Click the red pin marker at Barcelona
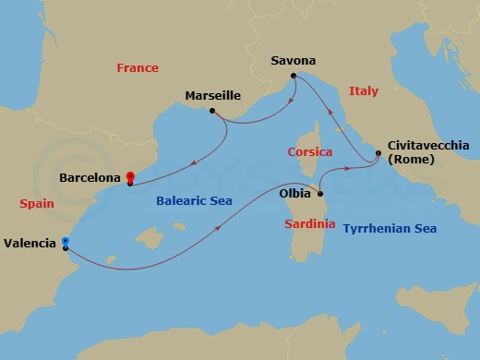coord(130,176)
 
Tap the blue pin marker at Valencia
coord(65,244)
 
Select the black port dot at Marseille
coord(212,112)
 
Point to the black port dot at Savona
coord(293,76)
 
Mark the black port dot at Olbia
coord(319,194)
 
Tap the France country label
coord(138,68)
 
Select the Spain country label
coord(37,202)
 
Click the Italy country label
coord(364,90)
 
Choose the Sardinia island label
coord(308,223)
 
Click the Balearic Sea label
coord(195,200)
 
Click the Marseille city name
coord(213,95)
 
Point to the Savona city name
coord(293,61)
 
